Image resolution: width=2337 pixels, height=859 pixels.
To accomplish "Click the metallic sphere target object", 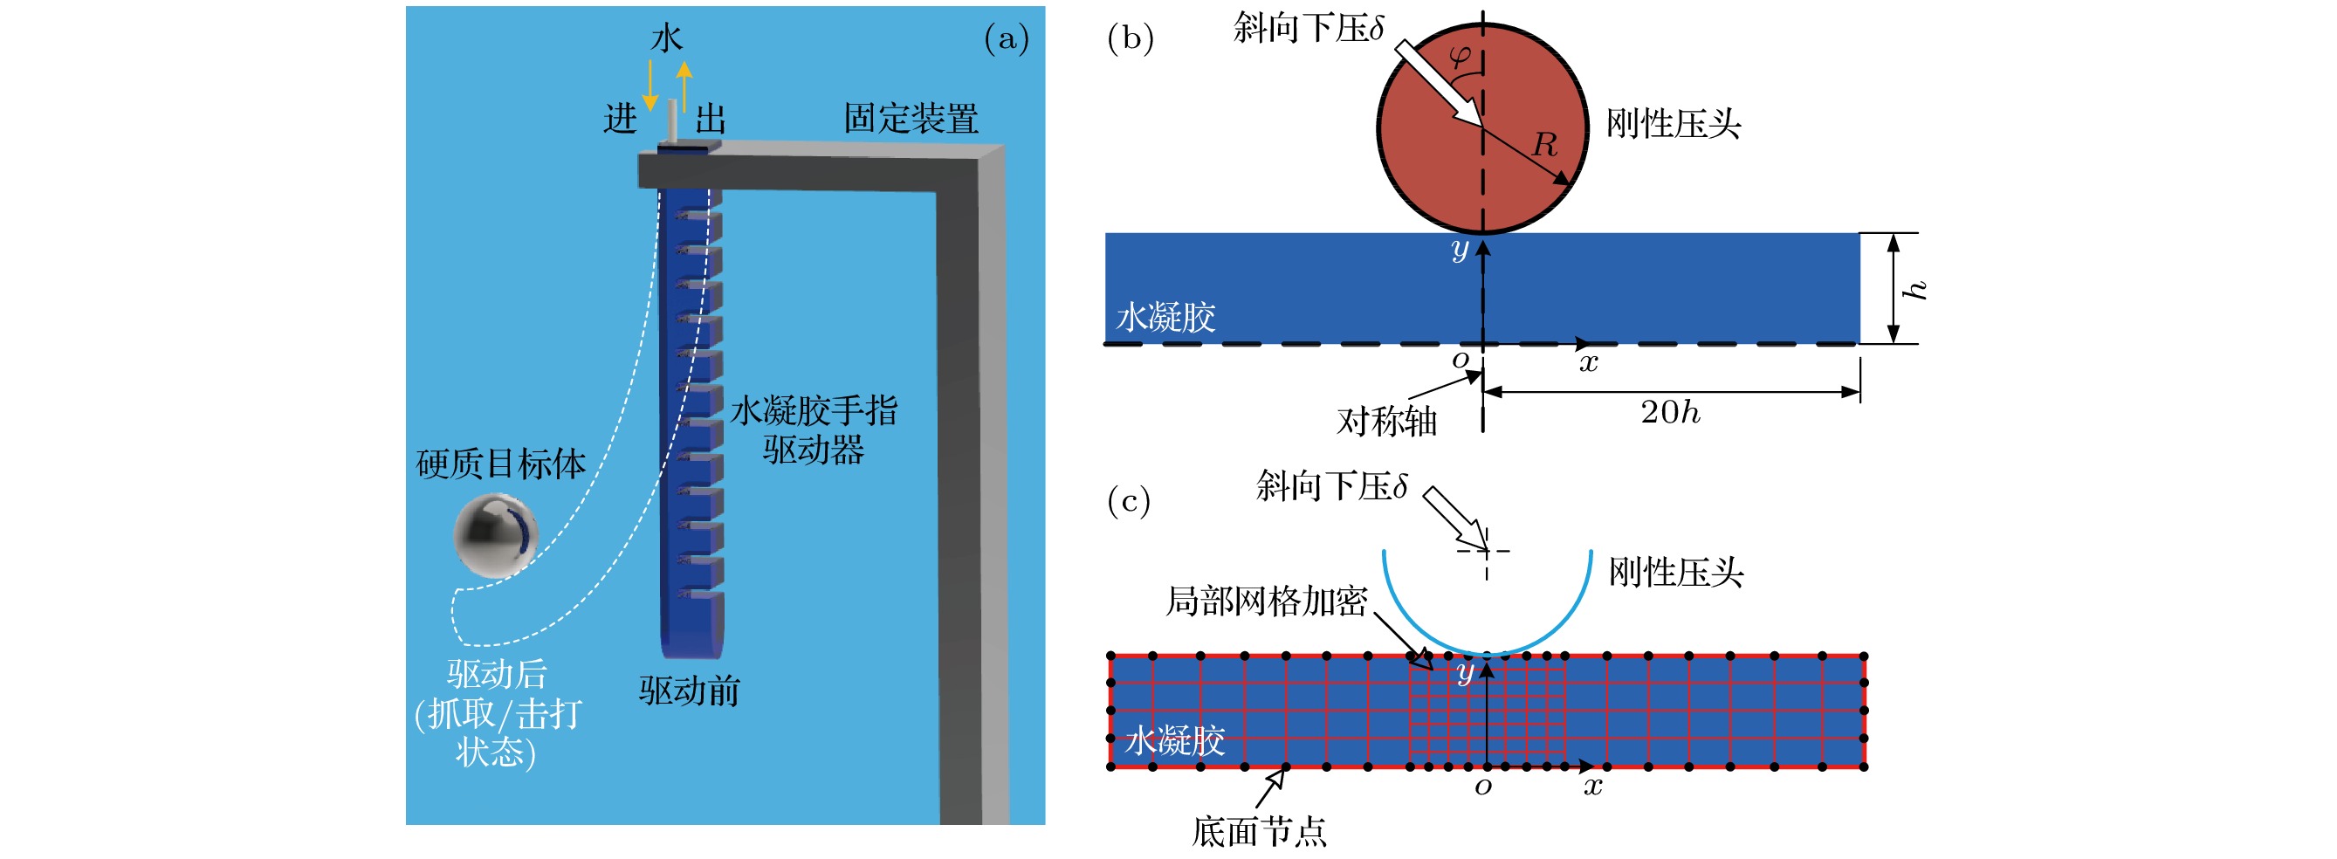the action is click(495, 535).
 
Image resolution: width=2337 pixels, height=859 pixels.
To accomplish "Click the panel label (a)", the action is click(1006, 39).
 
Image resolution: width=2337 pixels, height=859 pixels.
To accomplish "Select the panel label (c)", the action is click(1129, 501).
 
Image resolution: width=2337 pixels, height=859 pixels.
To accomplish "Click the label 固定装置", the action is click(911, 119).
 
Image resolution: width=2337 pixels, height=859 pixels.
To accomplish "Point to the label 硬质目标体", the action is click(501, 464).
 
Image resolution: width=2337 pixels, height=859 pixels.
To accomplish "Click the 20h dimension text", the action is click(1669, 413).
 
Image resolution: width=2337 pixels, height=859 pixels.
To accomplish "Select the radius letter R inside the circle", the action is click(1545, 144).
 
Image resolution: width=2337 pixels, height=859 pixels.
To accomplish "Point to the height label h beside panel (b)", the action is click(1914, 289).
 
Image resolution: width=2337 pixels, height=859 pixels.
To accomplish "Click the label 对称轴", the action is click(1386, 422).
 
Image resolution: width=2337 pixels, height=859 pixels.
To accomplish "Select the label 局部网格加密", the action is click(1266, 601).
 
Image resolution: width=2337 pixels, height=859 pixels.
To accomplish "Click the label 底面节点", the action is click(1258, 832).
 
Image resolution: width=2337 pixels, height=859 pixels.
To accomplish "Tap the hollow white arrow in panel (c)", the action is click(1454, 519).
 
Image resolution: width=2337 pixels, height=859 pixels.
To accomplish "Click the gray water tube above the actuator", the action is click(672, 120).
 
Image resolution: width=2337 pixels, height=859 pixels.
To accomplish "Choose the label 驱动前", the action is click(690, 691).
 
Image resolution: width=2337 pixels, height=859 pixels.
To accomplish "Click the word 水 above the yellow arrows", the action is click(667, 38).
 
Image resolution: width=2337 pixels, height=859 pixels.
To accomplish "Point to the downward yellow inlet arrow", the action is click(650, 86).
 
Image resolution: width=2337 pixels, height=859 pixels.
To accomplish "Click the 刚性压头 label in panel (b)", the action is click(1673, 124).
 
